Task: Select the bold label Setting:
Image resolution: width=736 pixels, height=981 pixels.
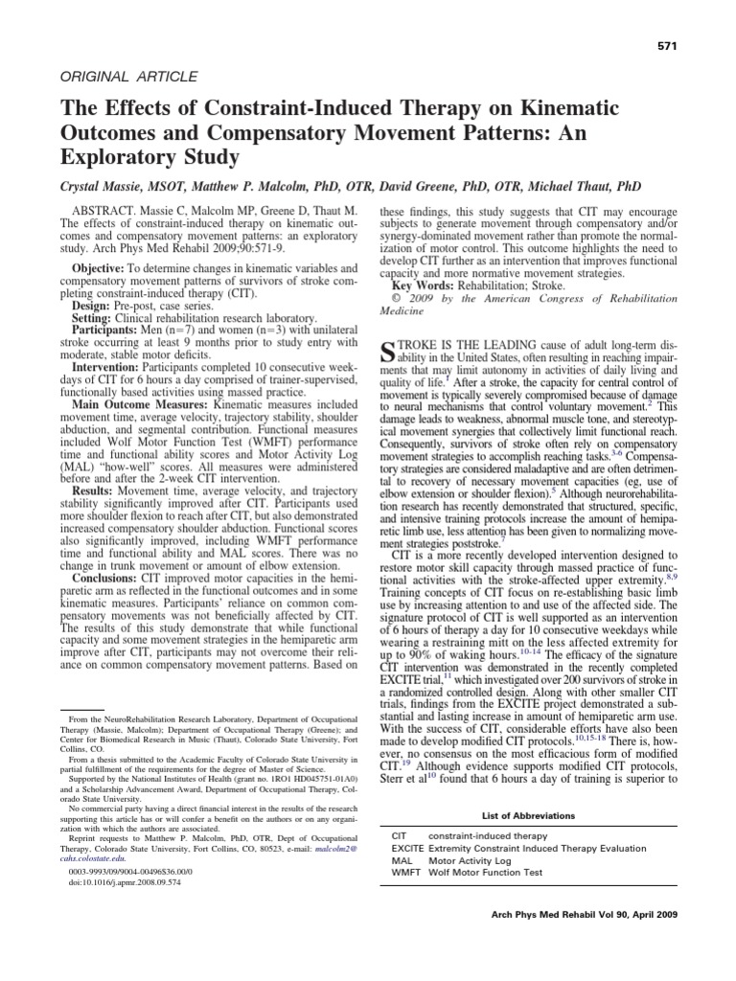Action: [x=99, y=317]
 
